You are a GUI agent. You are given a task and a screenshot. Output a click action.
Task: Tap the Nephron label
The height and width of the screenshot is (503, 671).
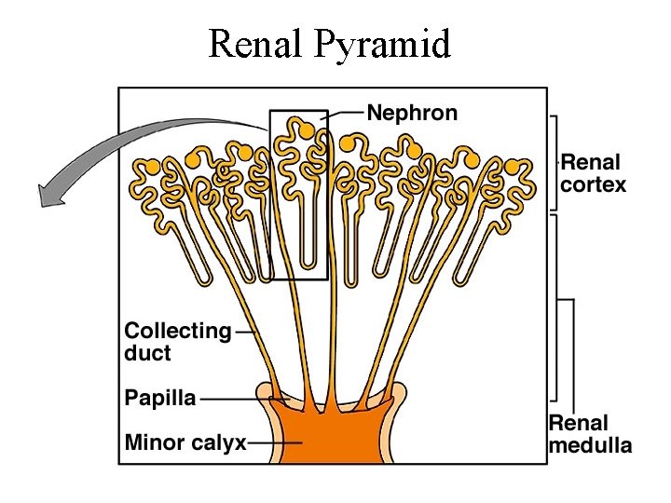point(413,114)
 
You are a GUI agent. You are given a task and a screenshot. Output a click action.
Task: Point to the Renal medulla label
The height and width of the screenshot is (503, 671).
point(590,434)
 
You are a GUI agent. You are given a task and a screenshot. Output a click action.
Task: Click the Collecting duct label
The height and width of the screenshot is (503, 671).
point(177,342)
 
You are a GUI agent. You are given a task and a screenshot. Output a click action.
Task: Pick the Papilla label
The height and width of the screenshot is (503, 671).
point(160,398)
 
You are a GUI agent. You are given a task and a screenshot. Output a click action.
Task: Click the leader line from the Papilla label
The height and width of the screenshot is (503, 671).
point(242,399)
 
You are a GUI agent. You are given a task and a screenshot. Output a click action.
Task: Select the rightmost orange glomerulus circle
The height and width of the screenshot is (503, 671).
point(512,168)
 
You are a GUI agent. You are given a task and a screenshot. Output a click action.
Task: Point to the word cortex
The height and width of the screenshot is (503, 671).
point(594,184)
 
